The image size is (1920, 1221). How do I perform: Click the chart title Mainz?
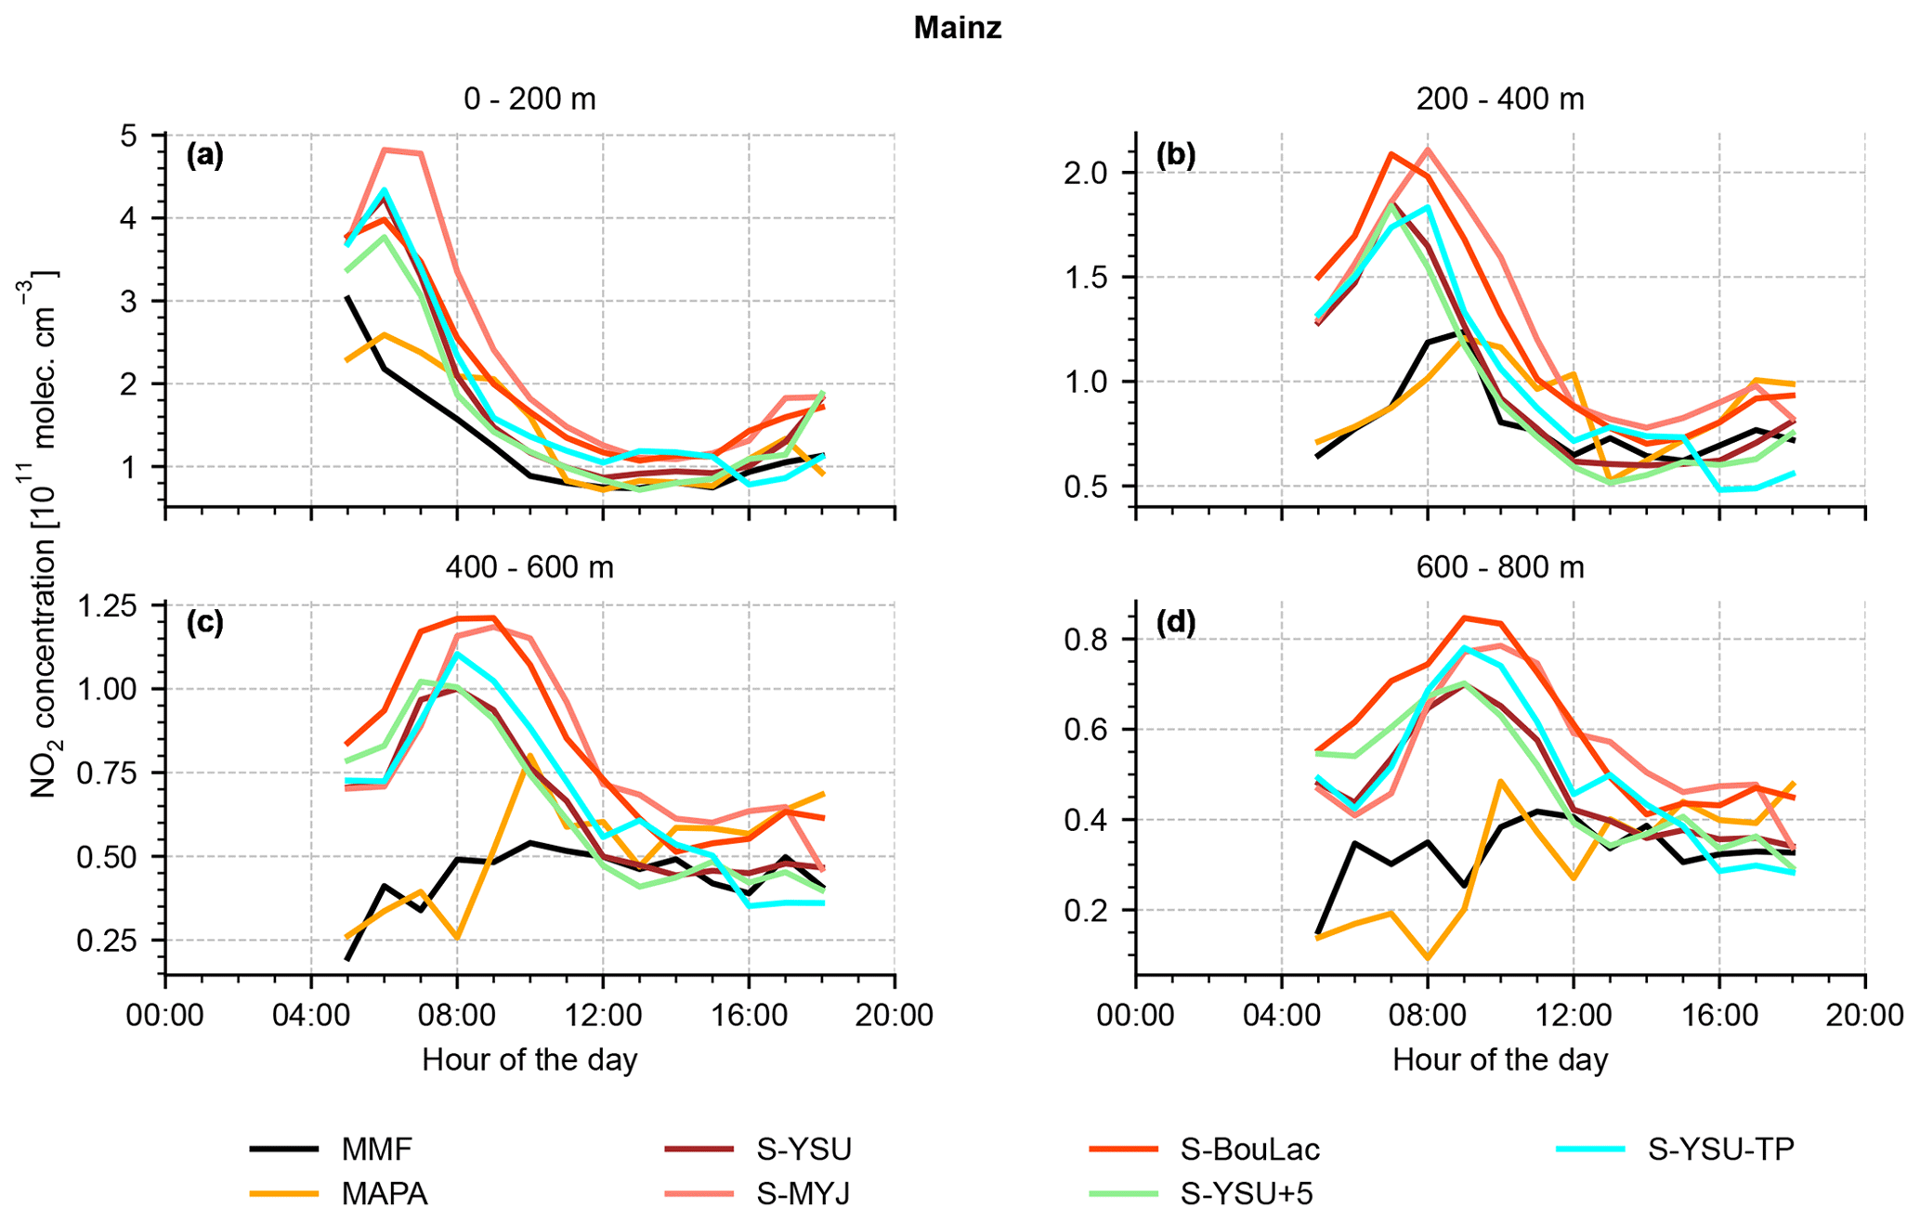(958, 28)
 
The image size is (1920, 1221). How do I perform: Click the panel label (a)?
(205, 155)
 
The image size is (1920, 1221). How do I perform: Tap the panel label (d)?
(1175, 622)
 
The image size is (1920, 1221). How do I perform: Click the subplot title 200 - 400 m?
(1499, 99)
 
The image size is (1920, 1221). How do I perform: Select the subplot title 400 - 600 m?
(529, 566)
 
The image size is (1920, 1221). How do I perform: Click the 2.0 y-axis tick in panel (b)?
(1100, 174)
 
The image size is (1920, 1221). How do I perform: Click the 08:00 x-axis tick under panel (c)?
(456, 1014)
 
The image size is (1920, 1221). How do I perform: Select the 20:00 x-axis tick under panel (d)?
(1865, 1014)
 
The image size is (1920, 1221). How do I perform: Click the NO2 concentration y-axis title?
(44, 534)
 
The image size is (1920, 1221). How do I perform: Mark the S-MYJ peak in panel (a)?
(385, 149)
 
